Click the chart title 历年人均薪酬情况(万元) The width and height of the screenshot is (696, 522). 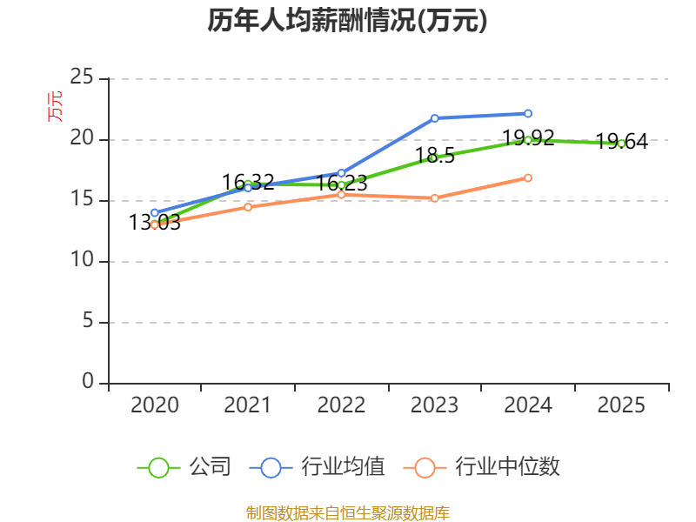click(x=347, y=20)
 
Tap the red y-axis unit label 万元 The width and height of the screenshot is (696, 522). click(x=55, y=106)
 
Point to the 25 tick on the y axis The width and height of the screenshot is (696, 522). click(x=82, y=77)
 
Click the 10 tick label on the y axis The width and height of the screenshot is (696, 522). click(x=82, y=259)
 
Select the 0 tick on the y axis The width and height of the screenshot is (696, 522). click(x=88, y=381)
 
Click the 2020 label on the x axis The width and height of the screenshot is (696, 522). click(x=155, y=405)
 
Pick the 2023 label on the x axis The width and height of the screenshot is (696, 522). click(x=434, y=405)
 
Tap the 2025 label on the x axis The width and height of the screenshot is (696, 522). click(x=621, y=405)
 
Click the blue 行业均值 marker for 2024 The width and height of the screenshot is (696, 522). click(x=528, y=114)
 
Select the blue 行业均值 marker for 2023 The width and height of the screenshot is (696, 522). click(x=434, y=118)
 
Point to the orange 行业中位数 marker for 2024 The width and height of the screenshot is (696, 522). click(x=528, y=178)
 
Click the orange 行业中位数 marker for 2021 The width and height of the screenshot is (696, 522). click(x=248, y=207)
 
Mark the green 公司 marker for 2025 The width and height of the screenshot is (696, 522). click(x=621, y=144)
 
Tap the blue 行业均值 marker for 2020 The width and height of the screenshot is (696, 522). click(x=155, y=212)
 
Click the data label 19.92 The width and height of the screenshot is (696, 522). click(x=528, y=137)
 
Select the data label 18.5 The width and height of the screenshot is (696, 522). click(x=435, y=156)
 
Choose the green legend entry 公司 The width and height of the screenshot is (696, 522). click(x=184, y=467)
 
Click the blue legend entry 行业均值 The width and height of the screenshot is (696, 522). click(x=317, y=467)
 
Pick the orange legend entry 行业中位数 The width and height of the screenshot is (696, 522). click(x=481, y=467)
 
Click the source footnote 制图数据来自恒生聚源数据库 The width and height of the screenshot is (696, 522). click(x=347, y=513)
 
